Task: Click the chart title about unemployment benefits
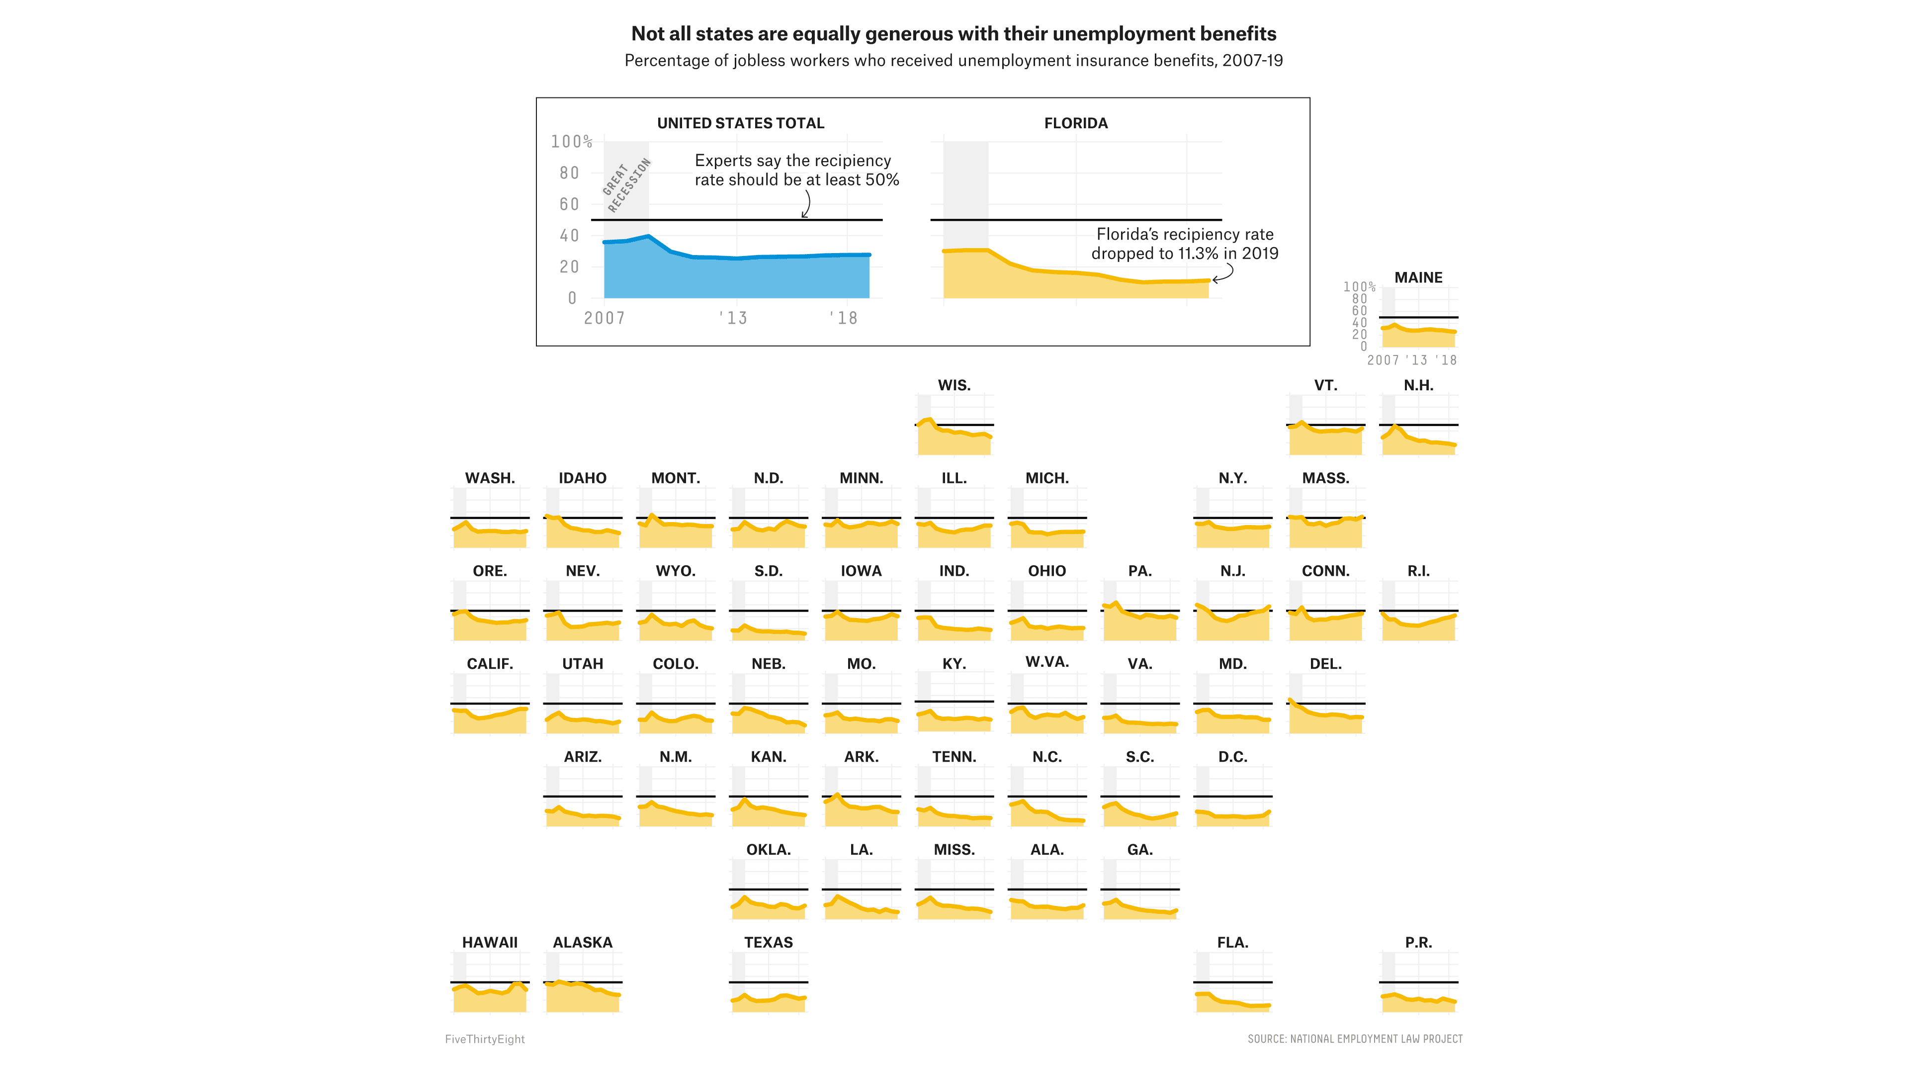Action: coord(953,34)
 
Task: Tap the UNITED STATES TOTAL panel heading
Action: coord(740,123)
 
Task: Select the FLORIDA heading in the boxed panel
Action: coord(1075,123)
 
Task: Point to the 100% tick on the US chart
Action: coord(571,142)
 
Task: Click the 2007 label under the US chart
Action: coord(604,318)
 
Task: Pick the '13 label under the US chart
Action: coord(733,318)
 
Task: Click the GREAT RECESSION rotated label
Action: coord(626,185)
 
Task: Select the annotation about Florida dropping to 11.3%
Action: coord(1184,244)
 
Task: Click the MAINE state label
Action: coord(1418,277)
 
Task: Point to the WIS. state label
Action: coord(954,385)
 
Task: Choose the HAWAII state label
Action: coord(490,942)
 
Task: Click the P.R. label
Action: coord(1418,942)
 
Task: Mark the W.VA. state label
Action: coord(1046,662)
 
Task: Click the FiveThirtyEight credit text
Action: coord(485,1039)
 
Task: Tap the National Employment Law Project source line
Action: coord(1355,1039)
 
